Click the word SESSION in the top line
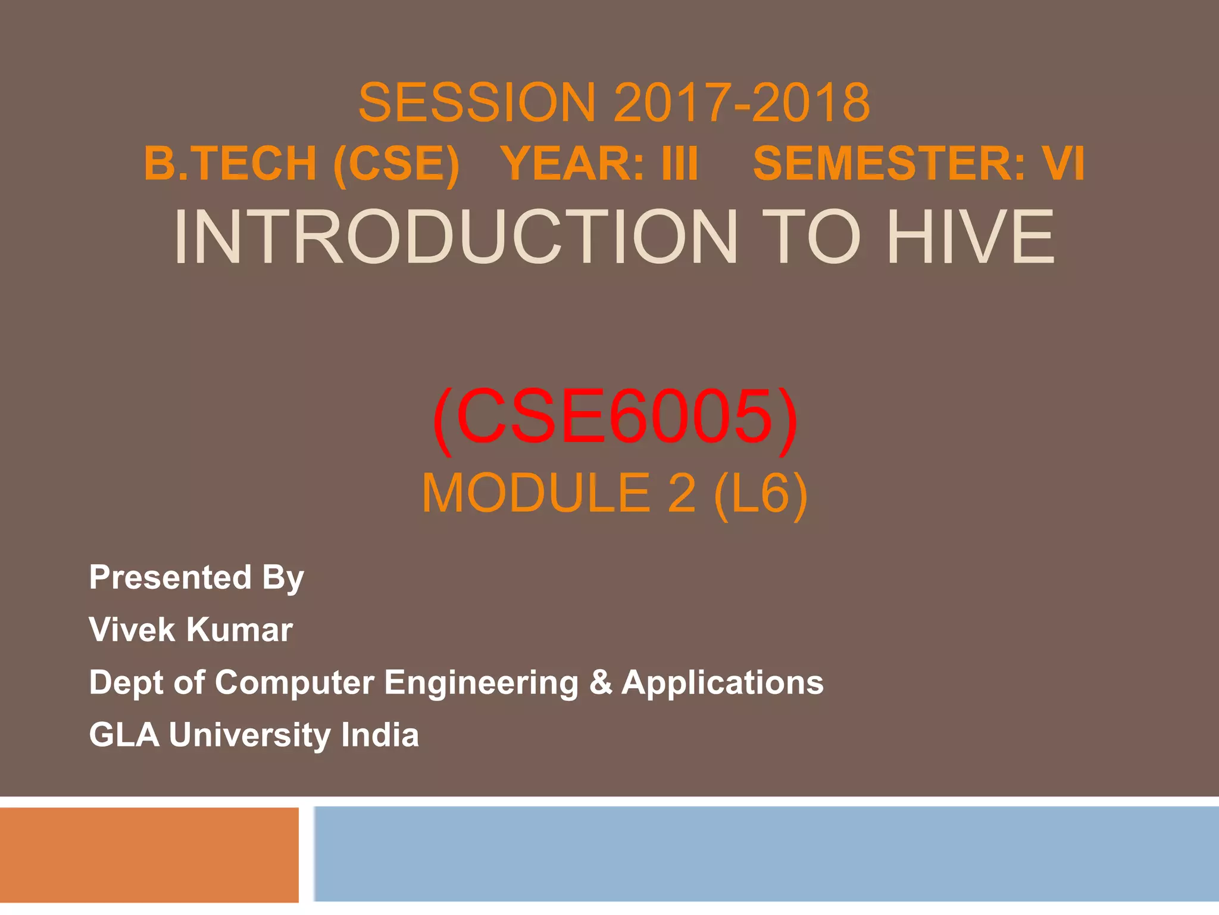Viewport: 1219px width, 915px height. pyautogui.click(x=476, y=102)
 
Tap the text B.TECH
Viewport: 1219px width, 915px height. pyautogui.click(x=230, y=164)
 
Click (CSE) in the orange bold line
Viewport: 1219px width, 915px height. pyautogui.click(x=396, y=164)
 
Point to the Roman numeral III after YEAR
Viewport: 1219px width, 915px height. pyautogui.click(x=679, y=164)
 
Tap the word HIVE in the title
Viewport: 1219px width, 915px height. pyautogui.click(x=970, y=237)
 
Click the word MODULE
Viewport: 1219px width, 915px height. pyautogui.click(x=536, y=493)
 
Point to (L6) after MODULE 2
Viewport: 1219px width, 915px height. pyautogui.click(x=760, y=493)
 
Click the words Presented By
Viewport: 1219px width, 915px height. pyautogui.click(x=196, y=577)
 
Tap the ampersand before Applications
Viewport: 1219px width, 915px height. pyautogui.click(x=600, y=682)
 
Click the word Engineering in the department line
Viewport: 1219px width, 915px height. pyautogui.click(x=481, y=683)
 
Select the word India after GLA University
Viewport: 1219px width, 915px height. pyautogui.click(x=379, y=735)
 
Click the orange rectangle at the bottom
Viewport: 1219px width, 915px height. pyautogui.click(x=149, y=855)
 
